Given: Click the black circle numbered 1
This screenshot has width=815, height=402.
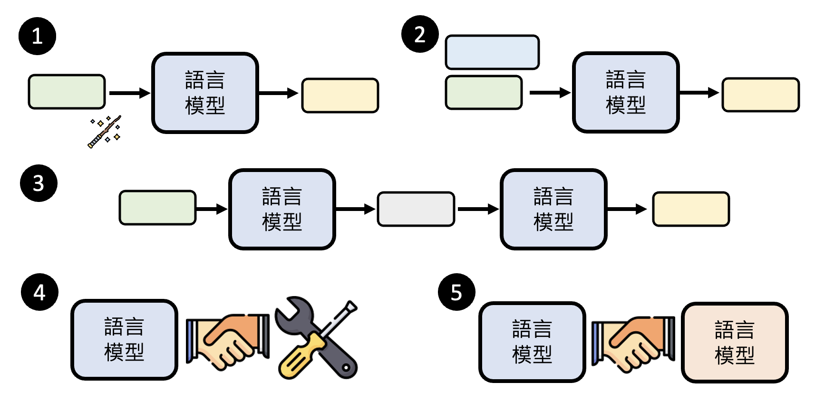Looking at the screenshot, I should click(37, 36).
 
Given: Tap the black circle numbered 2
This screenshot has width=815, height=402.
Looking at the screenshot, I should click(420, 34).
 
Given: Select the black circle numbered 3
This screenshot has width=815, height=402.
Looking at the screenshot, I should click(39, 183).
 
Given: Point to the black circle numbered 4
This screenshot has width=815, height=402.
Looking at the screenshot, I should click(39, 292).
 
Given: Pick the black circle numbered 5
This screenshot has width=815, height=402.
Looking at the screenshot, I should click(456, 292).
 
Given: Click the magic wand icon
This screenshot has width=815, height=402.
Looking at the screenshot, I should click(105, 132).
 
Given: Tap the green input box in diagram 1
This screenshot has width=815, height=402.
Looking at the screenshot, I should click(67, 92).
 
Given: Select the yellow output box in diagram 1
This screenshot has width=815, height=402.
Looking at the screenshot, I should click(340, 96).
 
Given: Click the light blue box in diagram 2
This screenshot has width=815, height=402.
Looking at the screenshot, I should click(492, 52).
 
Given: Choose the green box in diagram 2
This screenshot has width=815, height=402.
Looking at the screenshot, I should click(484, 93).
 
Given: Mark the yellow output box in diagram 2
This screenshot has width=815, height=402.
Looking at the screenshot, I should click(760, 95).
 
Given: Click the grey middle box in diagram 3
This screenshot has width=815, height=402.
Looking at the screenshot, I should click(416, 209).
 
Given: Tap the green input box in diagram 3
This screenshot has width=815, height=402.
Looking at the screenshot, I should click(157, 208).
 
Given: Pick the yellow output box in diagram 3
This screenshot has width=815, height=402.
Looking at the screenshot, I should click(690, 209).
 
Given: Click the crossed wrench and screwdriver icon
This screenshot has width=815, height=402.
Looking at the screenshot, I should click(317, 338).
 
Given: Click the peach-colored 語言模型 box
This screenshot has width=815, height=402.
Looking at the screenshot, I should click(735, 343).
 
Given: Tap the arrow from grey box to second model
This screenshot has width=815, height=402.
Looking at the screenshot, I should click(477, 209).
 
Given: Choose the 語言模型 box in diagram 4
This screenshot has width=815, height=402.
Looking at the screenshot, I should click(124, 340).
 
